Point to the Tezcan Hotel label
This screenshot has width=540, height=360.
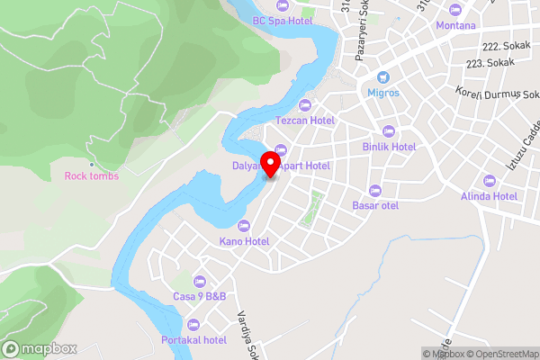(x=304, y=120)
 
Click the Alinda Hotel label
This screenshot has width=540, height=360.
(x=488, y=195)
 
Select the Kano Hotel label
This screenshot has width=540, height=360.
(x=244, y=241)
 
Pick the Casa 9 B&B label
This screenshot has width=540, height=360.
(x=199, y=296)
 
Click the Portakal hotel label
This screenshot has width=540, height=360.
(x=193, y=339)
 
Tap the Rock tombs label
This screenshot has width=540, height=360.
(x=92, y=175)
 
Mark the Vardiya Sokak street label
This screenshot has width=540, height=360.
(x=243, y=333)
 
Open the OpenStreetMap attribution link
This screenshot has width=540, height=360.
(x=500, y=354)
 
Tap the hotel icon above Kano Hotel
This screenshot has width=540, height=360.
(x=243, y=225)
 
